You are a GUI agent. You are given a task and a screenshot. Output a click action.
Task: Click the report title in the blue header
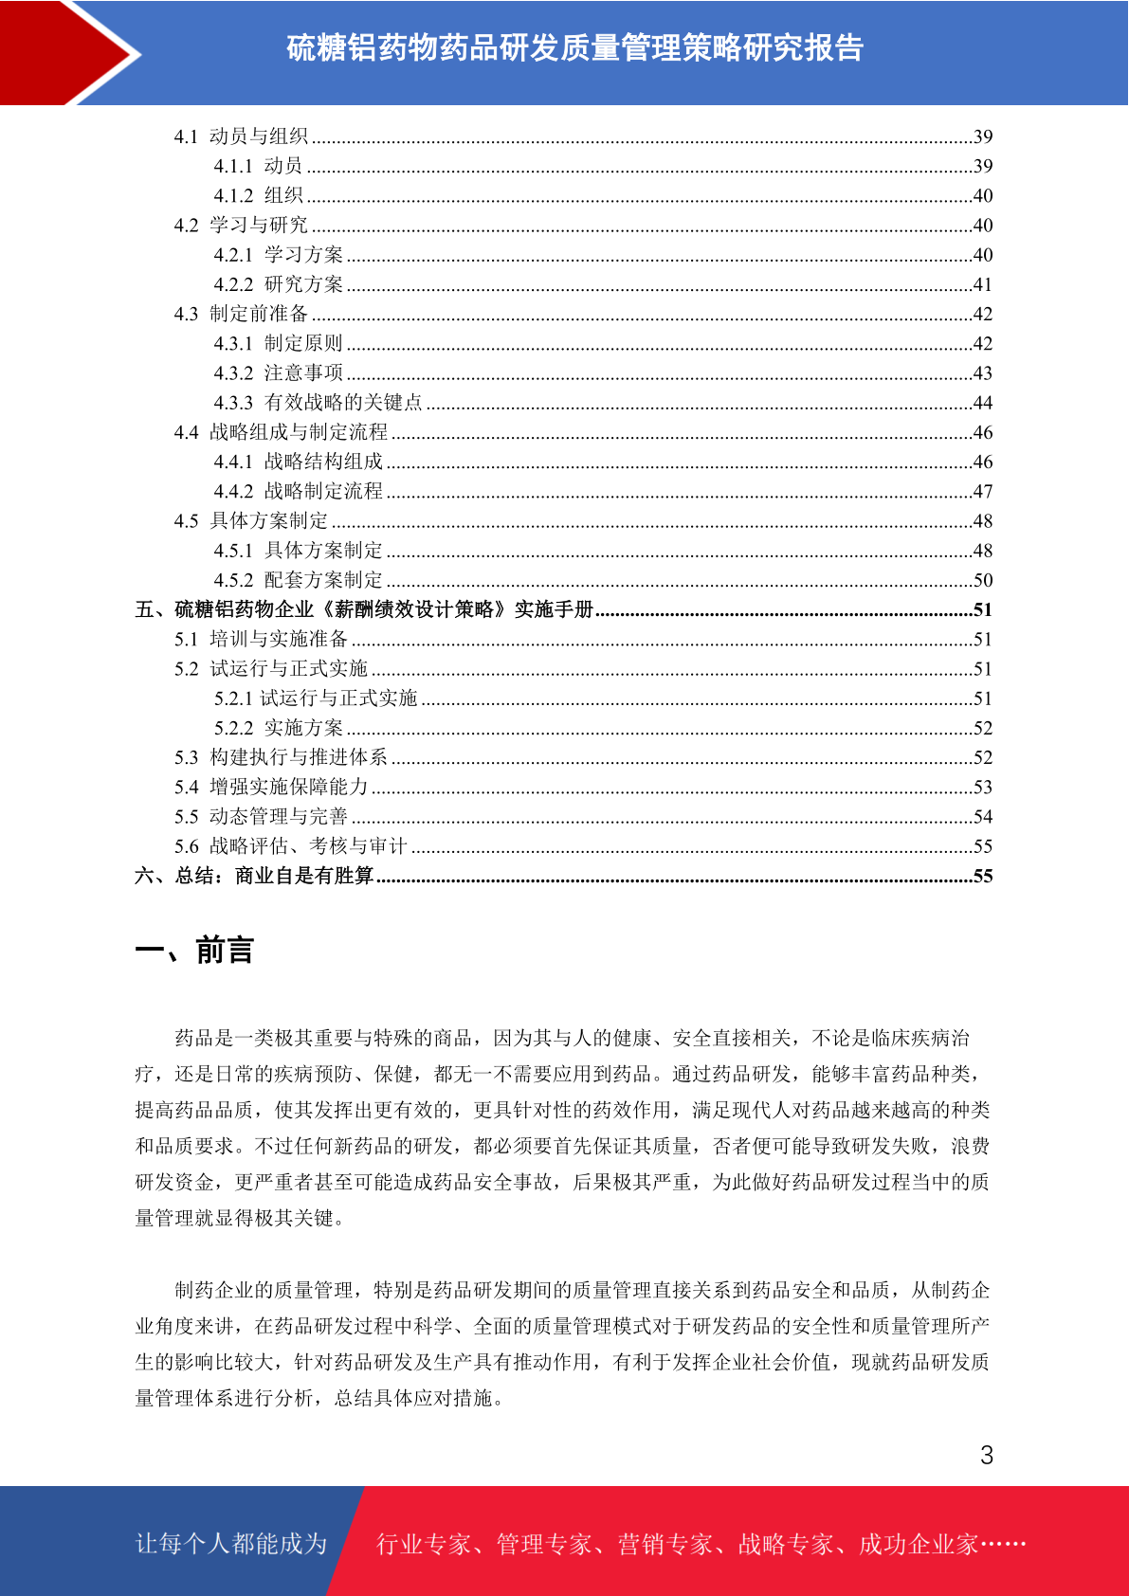[x=574, y=48]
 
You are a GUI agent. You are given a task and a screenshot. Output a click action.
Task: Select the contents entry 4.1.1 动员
[x=258, y=166]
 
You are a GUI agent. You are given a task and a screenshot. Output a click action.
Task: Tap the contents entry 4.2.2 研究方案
[x=278, y=284]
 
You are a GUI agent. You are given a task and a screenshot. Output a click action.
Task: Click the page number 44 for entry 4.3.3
[x=983, y=403]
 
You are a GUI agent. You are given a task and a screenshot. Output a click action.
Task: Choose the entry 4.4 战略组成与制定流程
[x=281, y=432]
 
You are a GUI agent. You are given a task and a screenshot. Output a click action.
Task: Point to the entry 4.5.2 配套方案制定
[x=298, y=580]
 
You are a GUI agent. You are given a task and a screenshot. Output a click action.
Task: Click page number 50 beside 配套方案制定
[x=983, y=580]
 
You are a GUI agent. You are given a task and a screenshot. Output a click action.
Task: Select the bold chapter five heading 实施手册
[x=365, y=609]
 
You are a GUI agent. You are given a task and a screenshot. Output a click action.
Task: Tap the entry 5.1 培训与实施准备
[x=261, y=640]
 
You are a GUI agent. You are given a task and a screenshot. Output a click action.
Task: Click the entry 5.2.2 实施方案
[x=278, y=728]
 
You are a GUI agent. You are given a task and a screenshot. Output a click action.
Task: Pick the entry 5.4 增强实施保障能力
[x=270, y=787]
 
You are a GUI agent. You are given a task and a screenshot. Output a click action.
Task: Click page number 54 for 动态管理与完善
[x=983, y=817]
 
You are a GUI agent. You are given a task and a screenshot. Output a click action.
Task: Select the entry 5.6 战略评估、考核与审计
[x=290, y=846]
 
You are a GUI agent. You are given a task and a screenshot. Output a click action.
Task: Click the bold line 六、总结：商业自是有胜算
[x=254, y=876]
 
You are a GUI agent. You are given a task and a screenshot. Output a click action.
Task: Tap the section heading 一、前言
[x=194, y=950]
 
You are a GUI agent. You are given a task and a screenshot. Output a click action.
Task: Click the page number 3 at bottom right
[x=987, y=1455]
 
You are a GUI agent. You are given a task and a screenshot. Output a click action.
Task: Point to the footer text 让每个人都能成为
[x=231, y=1544]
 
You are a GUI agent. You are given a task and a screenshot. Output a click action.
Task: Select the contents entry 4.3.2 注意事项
[x=278, y=373]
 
